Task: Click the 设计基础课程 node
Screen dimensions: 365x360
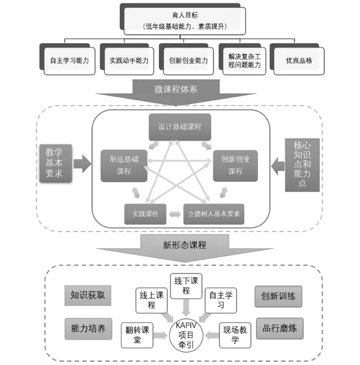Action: tap(180, 126)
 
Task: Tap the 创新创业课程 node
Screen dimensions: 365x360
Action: tap(236, 165)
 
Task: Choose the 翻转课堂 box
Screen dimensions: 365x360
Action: tap(136, 334)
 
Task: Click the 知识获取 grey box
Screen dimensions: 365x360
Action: tap(88, 295)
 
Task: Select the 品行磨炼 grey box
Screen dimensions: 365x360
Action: tap(278, 329)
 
